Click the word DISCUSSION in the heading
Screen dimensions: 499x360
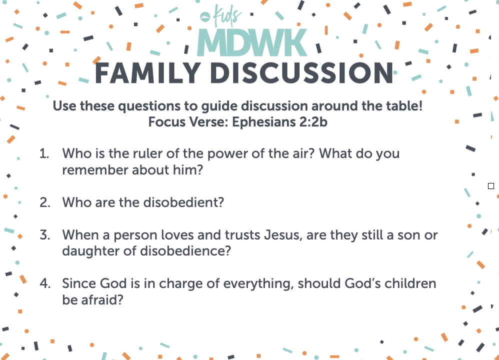coord(301,73)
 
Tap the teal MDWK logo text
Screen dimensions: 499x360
coord(252,42)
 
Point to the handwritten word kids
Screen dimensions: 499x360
coord(227,15)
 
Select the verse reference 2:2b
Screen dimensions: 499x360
coord(313,122)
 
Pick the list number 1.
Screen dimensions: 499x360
coord(44,153)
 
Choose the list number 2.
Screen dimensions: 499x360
coord(45,202)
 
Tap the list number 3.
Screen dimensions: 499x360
coord(45,235)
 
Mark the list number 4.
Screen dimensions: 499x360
coord(45,283)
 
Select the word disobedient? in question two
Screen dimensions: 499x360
coord(184,202)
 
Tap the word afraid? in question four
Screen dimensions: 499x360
coord(102,299)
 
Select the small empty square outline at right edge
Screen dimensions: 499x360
coord(491,186)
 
